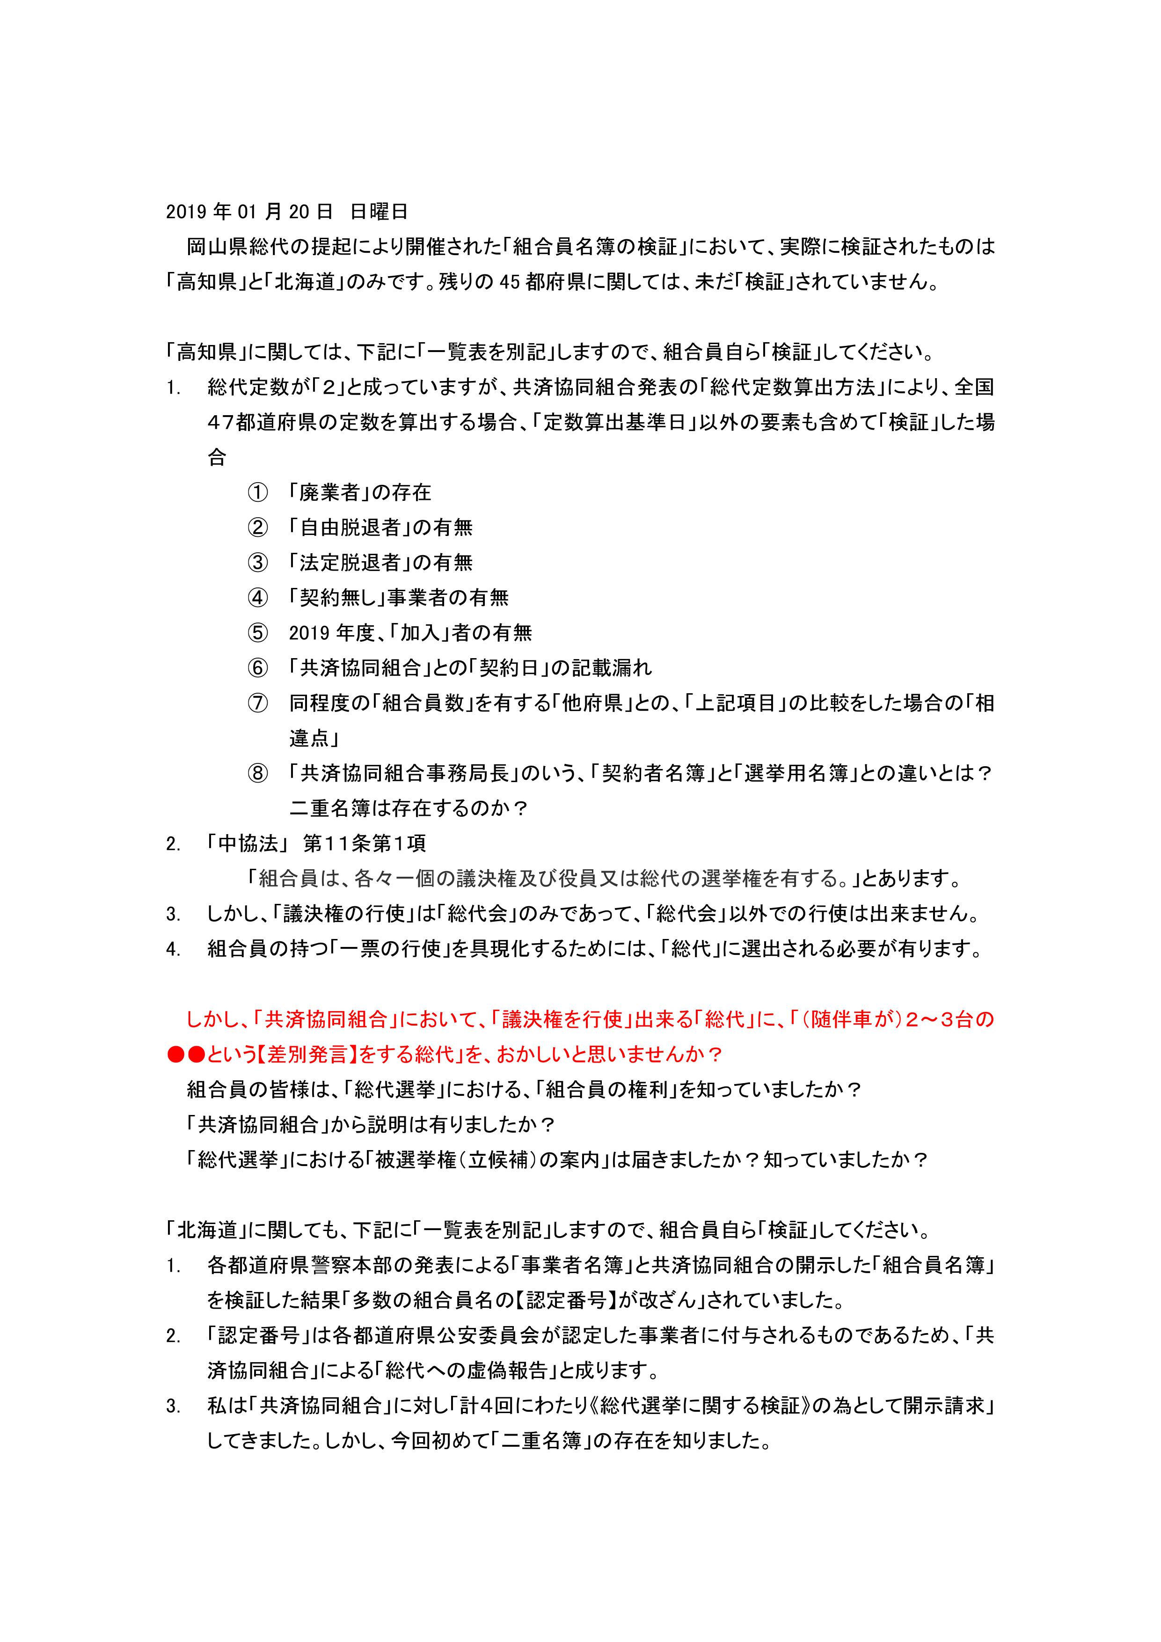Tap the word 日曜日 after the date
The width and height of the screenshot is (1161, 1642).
click(379, 212)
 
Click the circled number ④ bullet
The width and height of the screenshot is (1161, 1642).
click(257, 598)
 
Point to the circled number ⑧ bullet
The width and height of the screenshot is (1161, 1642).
click(257, 774)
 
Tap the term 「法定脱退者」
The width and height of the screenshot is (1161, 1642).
click(350, 563)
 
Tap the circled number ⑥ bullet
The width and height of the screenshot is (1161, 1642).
click(257, 668)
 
